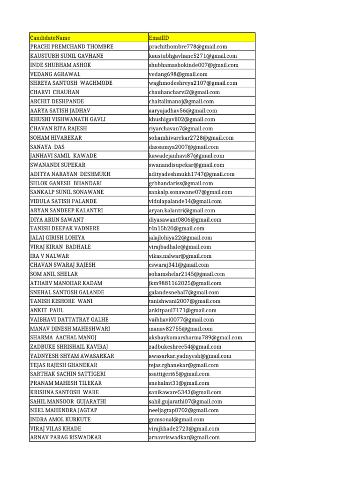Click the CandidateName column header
coord(50,37)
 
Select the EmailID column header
coord(159,37)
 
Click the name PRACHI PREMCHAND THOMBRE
coord(72,47)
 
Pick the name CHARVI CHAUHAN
coord(55,92)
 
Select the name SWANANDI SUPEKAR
coord(58,165)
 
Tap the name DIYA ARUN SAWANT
coord(57,219)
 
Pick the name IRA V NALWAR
coord(50,256)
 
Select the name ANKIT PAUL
coord(47,310)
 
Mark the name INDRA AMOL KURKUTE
coord(60,420)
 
